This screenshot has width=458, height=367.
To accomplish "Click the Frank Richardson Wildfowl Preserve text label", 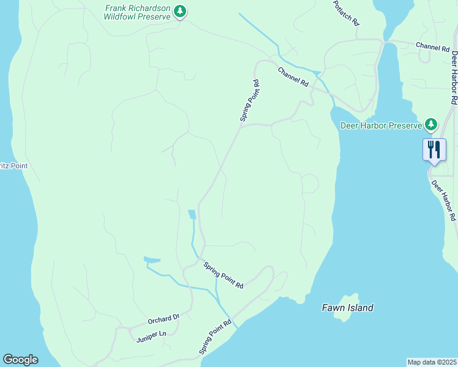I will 138,13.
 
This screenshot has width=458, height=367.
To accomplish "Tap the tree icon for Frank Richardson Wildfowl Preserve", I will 180,11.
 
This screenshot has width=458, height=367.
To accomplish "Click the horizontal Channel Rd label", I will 432,46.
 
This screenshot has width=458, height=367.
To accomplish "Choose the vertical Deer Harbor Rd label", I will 454,76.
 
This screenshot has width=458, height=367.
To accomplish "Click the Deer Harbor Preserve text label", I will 381,125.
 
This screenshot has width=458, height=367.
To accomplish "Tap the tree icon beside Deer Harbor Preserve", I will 432,125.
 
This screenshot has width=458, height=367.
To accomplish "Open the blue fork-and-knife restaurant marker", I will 434,149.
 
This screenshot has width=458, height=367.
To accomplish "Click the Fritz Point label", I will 13,166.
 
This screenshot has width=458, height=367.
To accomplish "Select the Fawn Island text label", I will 347,308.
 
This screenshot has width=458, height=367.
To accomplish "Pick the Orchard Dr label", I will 163,319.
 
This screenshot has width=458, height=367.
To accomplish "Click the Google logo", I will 20,360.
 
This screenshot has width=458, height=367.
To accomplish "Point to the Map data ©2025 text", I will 432,361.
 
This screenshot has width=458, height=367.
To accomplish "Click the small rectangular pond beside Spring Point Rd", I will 192,214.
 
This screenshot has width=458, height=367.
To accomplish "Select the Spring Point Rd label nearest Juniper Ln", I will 215,337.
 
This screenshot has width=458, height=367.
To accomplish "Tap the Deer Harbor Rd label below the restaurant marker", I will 444,200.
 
